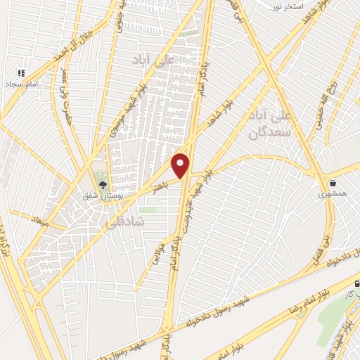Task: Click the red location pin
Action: click(181, 166)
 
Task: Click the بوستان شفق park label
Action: click(103, 196)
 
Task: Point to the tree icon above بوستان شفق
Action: click(103, 185)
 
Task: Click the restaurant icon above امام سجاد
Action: click(21, 72)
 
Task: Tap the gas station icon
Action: click(356, 284)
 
